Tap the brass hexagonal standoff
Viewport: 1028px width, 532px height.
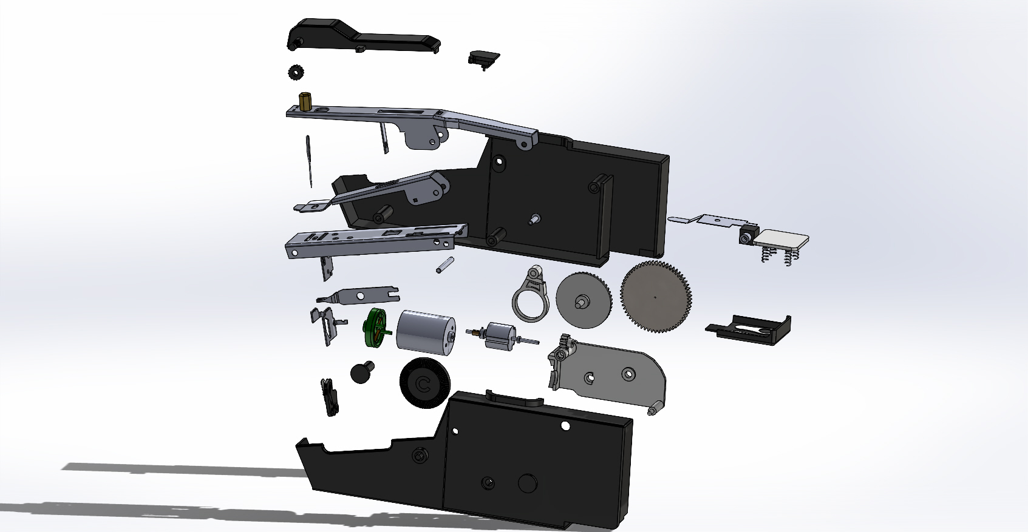coord(305,101)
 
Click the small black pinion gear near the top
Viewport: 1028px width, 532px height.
coord(296,72)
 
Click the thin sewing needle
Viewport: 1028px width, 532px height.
coord(309,161)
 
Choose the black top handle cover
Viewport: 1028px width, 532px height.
coord(358,36)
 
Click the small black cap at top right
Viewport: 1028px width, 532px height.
coord(483,58)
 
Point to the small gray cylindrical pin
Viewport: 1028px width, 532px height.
coord(444,265)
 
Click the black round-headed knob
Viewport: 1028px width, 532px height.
coord(363,371)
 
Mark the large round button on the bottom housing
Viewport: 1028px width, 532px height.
coord(528,483)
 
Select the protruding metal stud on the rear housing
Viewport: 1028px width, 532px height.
coord(534,219)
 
